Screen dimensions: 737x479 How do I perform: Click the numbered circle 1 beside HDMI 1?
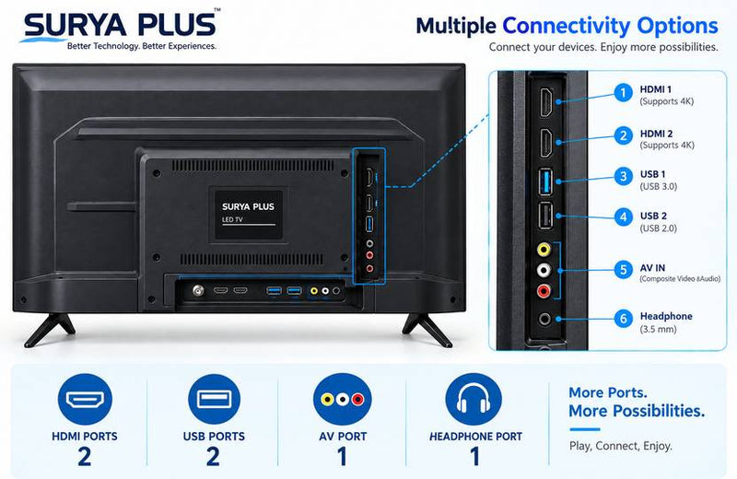tap(624, 93)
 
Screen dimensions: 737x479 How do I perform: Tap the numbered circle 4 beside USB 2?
tap(624, 217)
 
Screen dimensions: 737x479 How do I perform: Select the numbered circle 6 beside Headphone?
tap(624, 319)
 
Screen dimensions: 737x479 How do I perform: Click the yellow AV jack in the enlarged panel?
tap(544, 249)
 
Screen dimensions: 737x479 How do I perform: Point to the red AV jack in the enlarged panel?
tap(544, 291)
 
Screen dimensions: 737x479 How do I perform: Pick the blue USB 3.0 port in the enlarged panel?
tap(545, 181)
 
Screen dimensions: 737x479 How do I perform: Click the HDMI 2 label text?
tap(656, 134)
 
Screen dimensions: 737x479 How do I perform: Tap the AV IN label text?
tap(652, 268)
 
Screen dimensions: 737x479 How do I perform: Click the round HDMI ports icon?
tap(85, 399)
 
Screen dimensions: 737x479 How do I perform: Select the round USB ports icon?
tap(214, 399)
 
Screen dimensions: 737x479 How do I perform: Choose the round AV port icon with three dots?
tap(343, 399)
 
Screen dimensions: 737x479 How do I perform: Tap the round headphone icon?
tap(474, 399)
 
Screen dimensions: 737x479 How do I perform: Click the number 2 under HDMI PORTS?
tap(85, 457)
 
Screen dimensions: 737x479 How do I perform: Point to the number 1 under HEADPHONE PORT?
tap(475, 457)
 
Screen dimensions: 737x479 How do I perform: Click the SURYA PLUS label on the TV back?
tap(248, 206)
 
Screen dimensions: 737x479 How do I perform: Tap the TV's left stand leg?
tap(49, 329)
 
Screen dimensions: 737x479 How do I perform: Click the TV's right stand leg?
tap(427, 329)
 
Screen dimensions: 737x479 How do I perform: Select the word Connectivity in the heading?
tap(566, 27)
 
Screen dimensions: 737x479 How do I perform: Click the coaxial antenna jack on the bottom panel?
tap(198, 290)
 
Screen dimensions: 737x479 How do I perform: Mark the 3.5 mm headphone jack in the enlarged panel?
tap(544, 319)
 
